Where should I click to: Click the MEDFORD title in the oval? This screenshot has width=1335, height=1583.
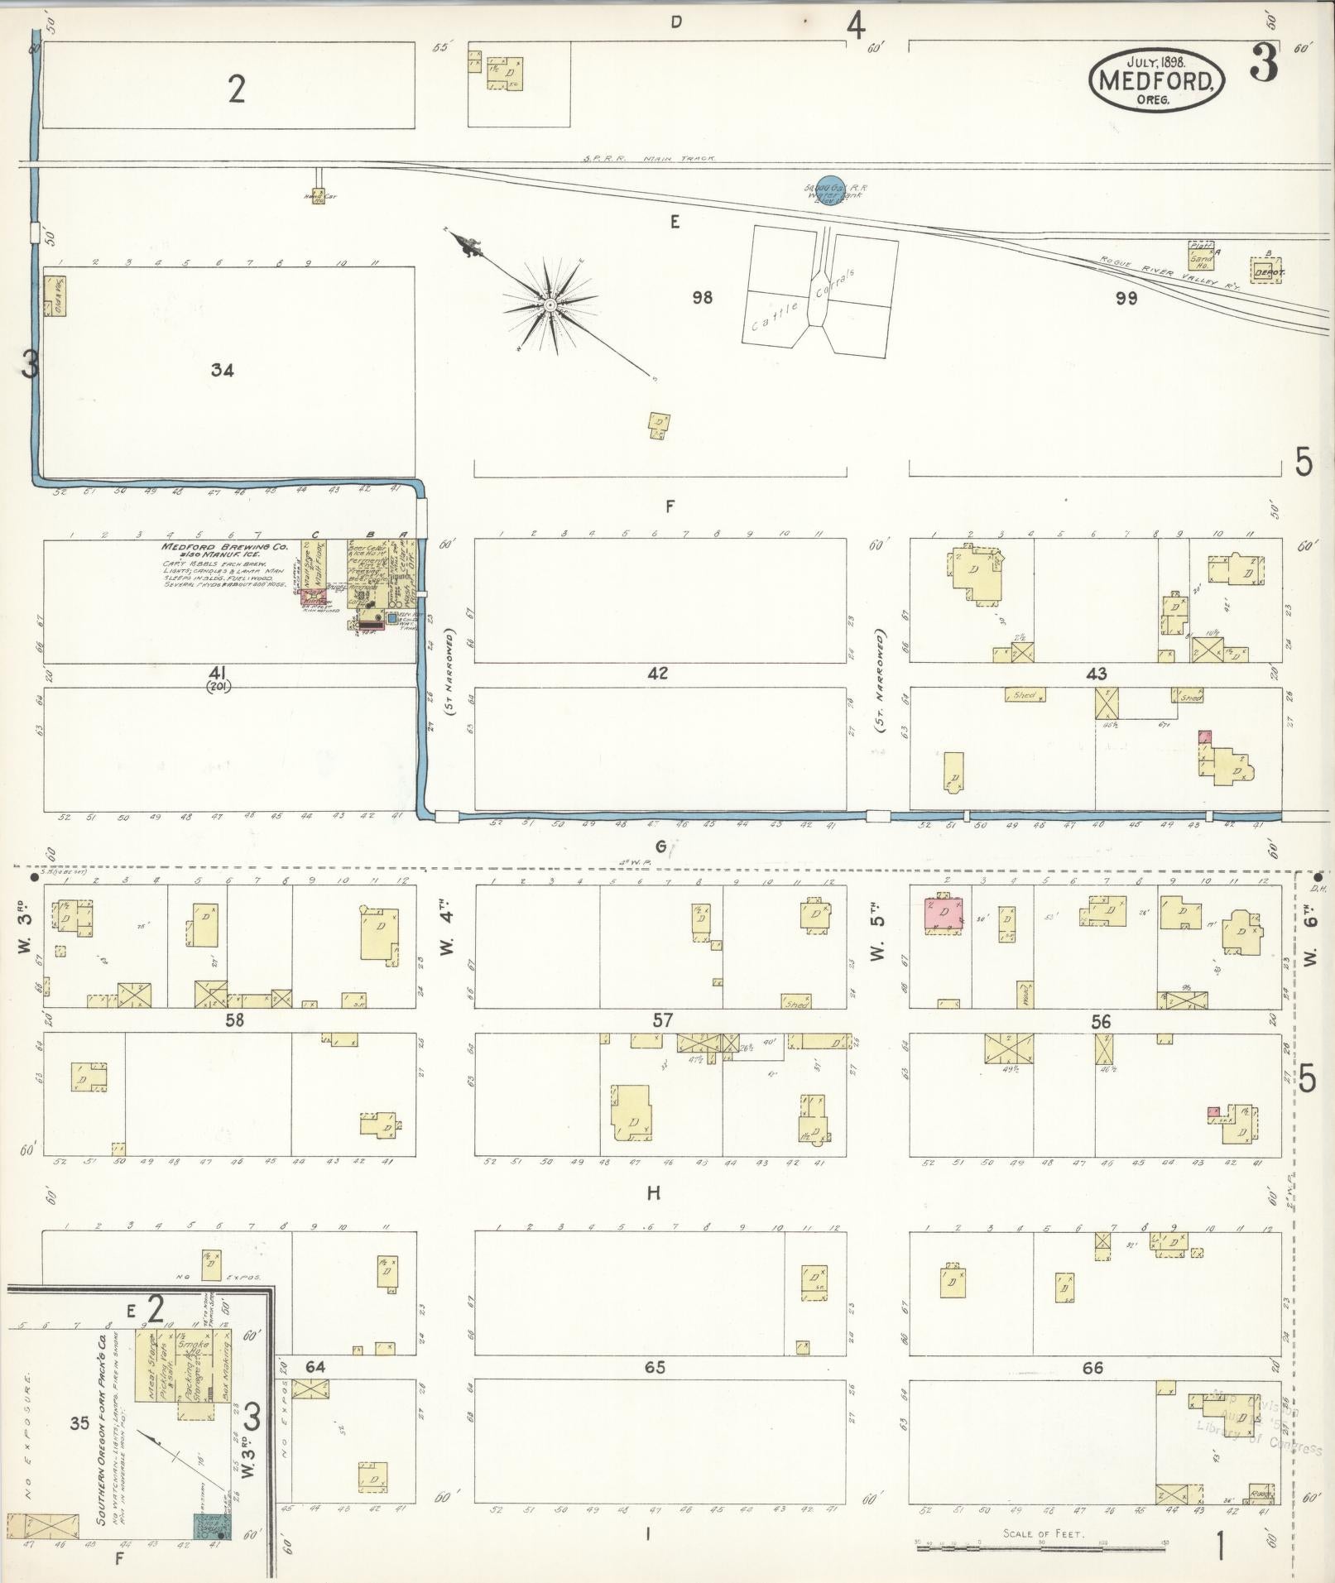pyautogui.click(x=1156, y=80)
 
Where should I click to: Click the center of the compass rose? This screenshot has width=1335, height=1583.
pyautogui.click(x=549, y=306)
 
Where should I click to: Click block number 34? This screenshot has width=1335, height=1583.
pyautogui.click(x=222, y=370)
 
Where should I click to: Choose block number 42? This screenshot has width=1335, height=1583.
pyautogui.click(x=658, y=673)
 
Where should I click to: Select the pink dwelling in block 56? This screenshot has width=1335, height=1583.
pyautogui.click(x=944, y=913)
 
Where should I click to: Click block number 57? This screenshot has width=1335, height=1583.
pyautogui.click(x=662, y=1020)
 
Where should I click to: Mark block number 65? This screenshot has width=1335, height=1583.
pyautogui.click(x=655, y=1366)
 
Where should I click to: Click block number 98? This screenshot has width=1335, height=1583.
pyautogui.click(x=702, y=297)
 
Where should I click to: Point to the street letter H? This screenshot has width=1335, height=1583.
pyautogui.click(x=654, y=1192)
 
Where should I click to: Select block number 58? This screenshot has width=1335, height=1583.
pyautogui.click(x=234, y=1019)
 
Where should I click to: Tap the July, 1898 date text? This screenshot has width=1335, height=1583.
pyautogui.click(x=1156, y=61)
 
